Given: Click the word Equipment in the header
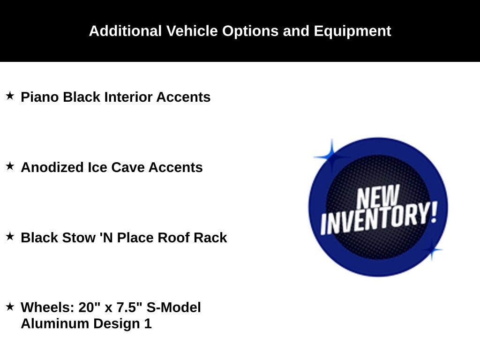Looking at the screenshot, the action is [x=352, y=31].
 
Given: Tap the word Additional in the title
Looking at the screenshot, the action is [x=125, y=31].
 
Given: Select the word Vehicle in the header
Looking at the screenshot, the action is [x=192, y=31].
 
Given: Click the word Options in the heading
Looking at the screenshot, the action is [x=250, y=31].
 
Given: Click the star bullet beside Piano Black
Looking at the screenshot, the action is [x=10, y=96].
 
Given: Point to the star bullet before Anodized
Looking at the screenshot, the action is [x=10, y=166].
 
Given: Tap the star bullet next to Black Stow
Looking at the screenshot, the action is [x=10, y=236].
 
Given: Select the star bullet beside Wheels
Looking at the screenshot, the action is [x=10, y=306].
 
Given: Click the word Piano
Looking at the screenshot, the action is [x=40, y=97].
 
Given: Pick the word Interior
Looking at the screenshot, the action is [x=128, y=97].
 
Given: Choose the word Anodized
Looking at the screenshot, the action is [x=52, y=167].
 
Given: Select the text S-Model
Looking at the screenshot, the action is [x=173, y=307].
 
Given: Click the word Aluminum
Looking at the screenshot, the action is [x=55, y=323].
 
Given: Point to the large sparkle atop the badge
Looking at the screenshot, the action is [x=331, y=157].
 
